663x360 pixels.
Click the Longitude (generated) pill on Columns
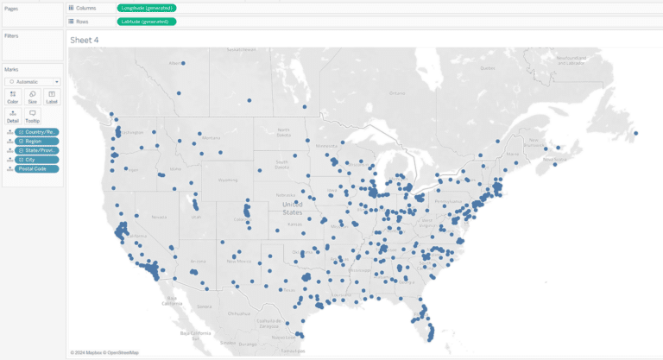point(147,8)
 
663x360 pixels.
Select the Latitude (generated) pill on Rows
point(147,21)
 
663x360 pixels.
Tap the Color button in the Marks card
point(13,97)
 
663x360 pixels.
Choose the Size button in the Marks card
point(32,97)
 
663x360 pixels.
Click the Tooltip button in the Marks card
point(32,116)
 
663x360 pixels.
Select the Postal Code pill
point(37,169)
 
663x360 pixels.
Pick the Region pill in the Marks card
point(37,141)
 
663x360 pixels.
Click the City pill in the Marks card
point(37,160)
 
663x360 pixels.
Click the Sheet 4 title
point(85,40)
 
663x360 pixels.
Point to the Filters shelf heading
point(11,35)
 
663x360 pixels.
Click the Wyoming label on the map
point(227,180)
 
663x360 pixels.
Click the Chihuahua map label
point(238,313)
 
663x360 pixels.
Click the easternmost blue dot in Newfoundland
point(636,133)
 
